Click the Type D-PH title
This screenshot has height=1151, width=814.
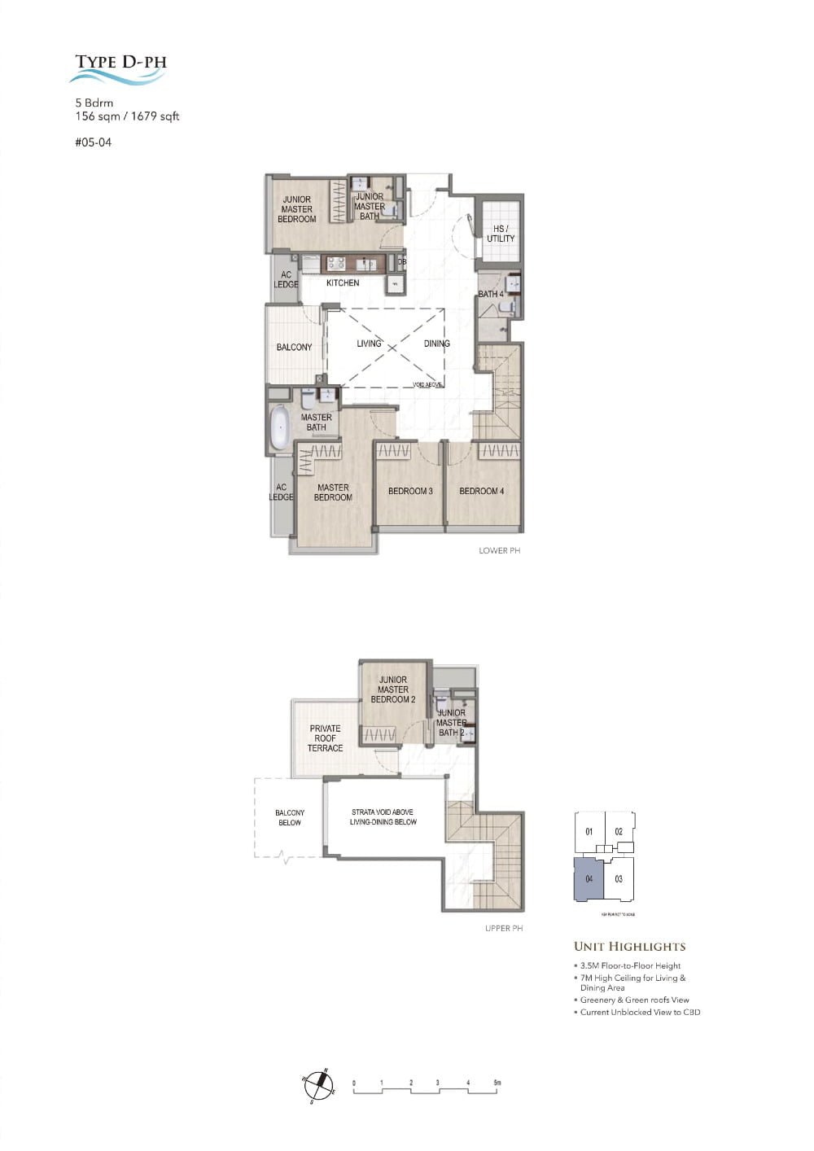click(120, 62)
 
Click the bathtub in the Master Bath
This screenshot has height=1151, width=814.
click(280, 427)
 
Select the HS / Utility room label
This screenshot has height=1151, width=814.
click(501, 234)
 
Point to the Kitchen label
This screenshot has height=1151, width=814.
click(343, 283)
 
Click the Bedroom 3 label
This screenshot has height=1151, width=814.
click(410, 491)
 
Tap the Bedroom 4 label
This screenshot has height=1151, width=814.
click(482, 491)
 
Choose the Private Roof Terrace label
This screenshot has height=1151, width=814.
click(325, 738)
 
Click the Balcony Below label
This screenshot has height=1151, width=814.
click(290, 817)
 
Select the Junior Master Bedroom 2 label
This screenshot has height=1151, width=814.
click(393, 689)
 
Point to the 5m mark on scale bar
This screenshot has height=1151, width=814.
click(497, 1083)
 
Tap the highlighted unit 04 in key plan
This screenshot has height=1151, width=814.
click(589, 879)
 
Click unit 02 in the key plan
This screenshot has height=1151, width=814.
click(619, 832)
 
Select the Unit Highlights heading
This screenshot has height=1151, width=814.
click(629, 947)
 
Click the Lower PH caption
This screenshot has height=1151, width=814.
click(499, 551)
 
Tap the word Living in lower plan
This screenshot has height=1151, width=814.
click(369, 344)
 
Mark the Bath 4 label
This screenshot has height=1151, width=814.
click(491, 294)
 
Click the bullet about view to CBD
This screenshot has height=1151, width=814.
click(640, 1013)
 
